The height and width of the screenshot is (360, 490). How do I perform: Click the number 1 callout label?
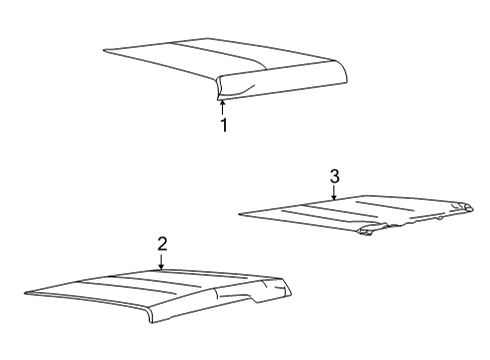tap(224, 125)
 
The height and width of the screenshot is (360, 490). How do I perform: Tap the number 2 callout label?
tap(161, 243)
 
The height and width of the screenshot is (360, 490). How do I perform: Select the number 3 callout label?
tap(334, 176)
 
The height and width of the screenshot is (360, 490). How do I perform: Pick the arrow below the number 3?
tap(334, 194)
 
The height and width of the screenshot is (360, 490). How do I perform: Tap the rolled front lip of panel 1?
tap(280, 90)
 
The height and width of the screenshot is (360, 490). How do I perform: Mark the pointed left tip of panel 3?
tap(242, 212)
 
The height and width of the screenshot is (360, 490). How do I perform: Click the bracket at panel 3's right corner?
tap(462, 207)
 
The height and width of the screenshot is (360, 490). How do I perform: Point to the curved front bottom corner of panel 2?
tap(152, 318)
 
